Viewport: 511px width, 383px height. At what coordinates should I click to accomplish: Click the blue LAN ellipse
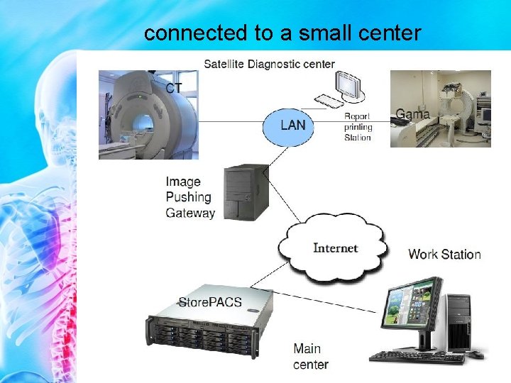point(293,126)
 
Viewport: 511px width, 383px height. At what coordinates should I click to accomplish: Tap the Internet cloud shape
point(335,248)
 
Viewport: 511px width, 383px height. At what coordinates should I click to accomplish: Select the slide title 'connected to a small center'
point(282,33)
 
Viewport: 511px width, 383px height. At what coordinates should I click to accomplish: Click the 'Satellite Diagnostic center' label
point(269,64)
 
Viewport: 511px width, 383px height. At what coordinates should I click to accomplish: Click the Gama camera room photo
point(440,108)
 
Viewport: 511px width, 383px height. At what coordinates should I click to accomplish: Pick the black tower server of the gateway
point(246,192)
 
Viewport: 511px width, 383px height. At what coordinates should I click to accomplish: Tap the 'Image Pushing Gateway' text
point(189,198)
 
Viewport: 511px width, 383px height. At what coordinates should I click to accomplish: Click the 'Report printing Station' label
point(358,127)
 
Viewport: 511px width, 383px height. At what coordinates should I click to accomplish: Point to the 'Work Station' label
point(444,254)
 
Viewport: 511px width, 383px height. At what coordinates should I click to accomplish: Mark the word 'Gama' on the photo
point(412,113)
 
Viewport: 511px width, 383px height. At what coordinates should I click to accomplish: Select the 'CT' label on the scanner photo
point(175,87)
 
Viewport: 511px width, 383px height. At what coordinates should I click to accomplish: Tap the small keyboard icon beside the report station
point(327,101)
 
